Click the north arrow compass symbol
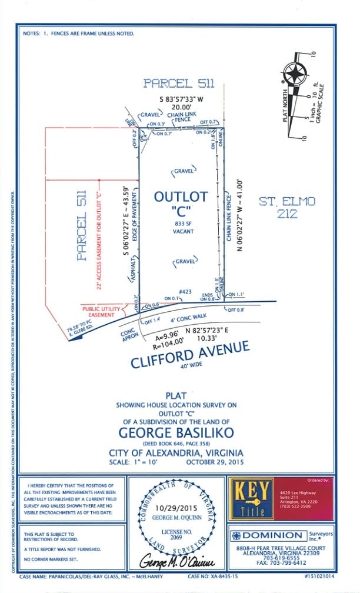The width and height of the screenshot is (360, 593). point(295,75)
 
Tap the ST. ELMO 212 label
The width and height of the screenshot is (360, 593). point(288,208)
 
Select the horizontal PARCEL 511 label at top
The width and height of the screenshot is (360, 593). point(176,83)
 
